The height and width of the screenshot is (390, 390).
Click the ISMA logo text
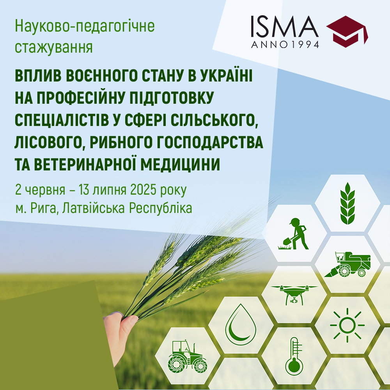pos(285,27)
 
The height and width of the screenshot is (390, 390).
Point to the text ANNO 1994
pos(285,44)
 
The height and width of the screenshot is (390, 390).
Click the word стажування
pos(54,47)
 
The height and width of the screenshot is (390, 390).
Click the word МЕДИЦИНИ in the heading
pos(180,164)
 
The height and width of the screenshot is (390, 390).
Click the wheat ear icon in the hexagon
pos(347,203)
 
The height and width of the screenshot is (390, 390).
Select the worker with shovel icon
pos(294,234)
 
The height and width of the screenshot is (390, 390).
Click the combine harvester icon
pos(347,264)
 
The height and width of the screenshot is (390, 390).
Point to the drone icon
pos(294,295)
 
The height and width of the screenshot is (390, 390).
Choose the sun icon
pos(347,325)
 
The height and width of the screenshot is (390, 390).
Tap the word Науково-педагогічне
pos(85,26)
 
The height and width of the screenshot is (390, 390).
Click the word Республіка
pos(160,208)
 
